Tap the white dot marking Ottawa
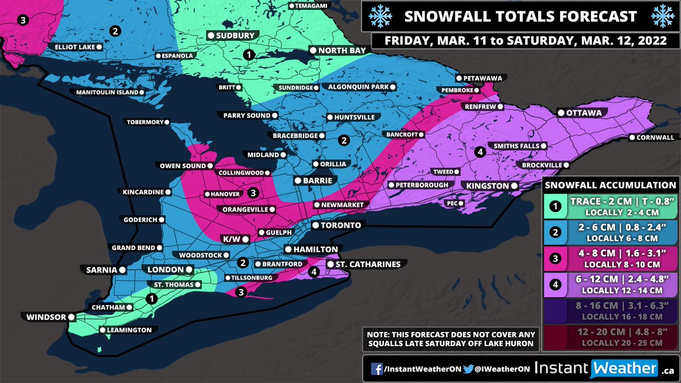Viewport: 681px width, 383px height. coord(560,113)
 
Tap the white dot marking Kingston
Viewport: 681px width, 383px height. coord(513,186)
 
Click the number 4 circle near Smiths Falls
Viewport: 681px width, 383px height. coord(479,151)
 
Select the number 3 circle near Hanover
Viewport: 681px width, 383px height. coord(253,193)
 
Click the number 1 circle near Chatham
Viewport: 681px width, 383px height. coord(151,298)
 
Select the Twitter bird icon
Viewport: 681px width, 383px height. coord(468,369)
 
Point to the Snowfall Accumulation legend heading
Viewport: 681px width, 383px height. coord(610,185)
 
